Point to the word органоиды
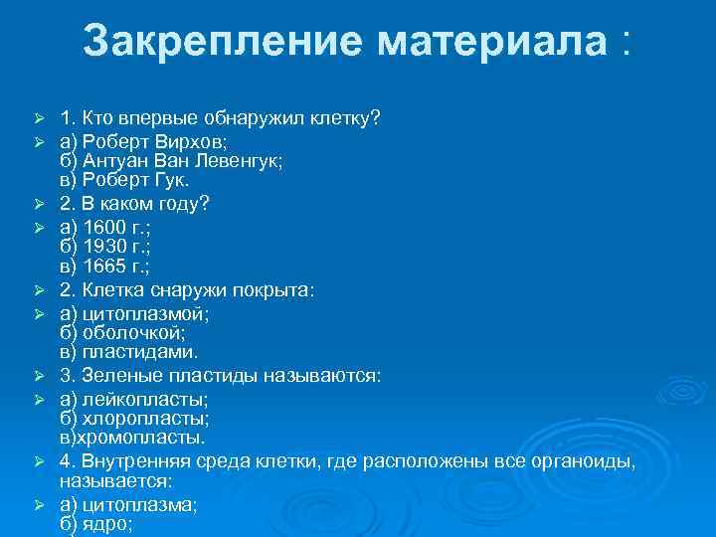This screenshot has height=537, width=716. [587, 462]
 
